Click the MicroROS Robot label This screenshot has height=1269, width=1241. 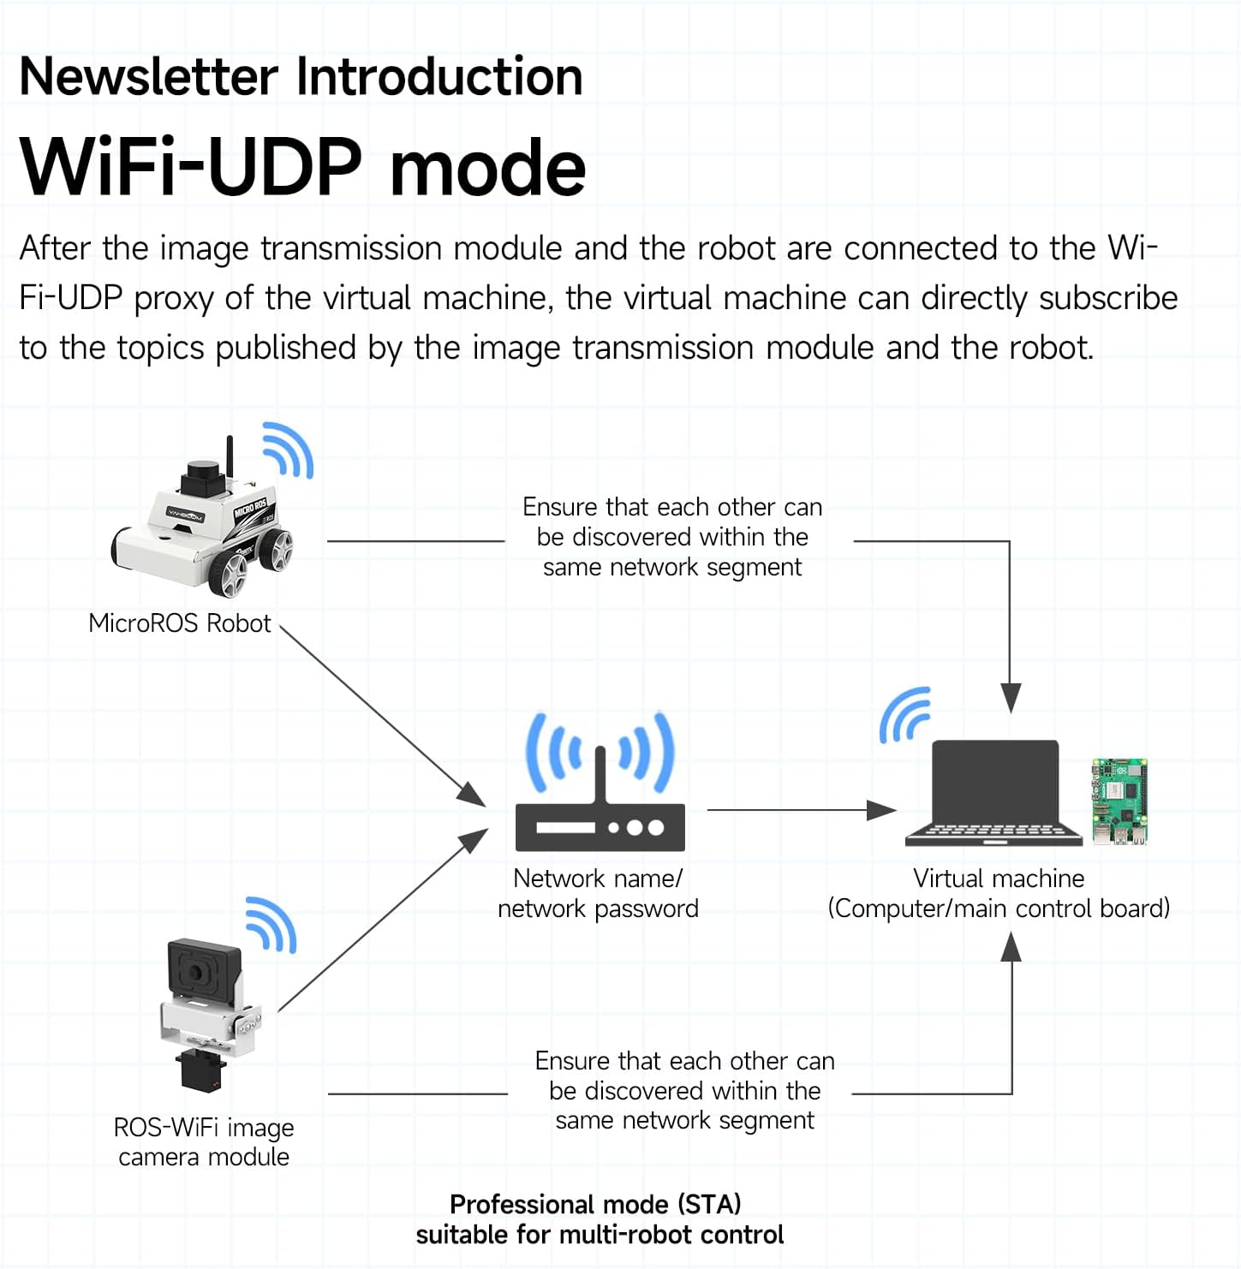click(x=179, y=623)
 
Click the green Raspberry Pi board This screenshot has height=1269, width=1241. click(x=1119, y=801)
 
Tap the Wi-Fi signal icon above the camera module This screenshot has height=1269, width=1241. click(x=271, y=925)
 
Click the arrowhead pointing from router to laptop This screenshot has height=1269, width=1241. click(x=881, y=810)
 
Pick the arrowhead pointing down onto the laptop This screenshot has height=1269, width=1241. click(x=1011, y=698)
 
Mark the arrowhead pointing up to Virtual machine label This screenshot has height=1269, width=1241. click(x=1011, y=946)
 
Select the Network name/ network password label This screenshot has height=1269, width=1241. click(x=598, y=893)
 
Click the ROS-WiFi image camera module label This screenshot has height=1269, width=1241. click(x=204, y=1142)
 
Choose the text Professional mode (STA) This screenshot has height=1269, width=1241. click(x=595, y=1204)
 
